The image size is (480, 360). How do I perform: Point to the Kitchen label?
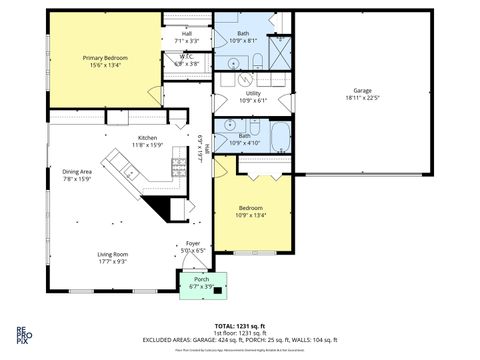point(148,138)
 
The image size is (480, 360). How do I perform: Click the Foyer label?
point(193,243)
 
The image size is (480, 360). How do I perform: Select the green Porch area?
point(201,283)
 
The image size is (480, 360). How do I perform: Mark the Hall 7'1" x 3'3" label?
point(186,37)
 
